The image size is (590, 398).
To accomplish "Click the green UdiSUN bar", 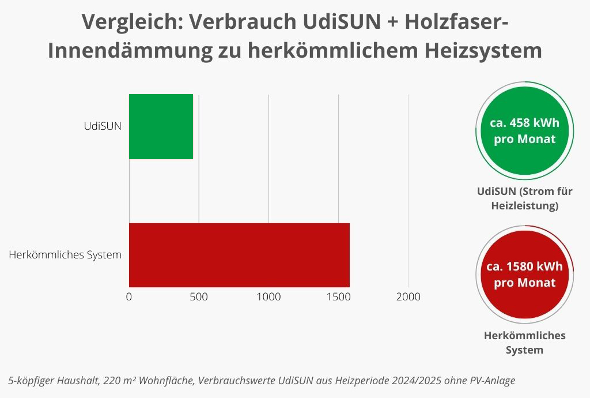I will point(161,126).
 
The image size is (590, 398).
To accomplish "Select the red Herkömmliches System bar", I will point(239,255).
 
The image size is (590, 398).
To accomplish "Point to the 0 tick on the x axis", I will point(129,297).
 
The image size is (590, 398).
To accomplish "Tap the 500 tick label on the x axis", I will point(199,297).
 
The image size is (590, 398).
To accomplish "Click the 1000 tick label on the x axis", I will point(268,297).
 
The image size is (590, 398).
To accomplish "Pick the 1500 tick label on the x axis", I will point(338,297).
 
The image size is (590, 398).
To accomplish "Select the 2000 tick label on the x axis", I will point(408,297).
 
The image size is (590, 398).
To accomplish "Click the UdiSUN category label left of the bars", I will point(103,126).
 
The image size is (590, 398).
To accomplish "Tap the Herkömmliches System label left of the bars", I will point(65,254).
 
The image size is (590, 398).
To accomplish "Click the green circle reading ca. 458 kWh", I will point(524,131).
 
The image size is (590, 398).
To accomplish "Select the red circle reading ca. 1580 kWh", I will point(524,275).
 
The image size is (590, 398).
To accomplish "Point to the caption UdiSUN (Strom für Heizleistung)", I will point(524,198).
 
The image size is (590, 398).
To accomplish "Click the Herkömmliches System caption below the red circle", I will point(524,343).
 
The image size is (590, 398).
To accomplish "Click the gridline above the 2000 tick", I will point(409,190).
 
